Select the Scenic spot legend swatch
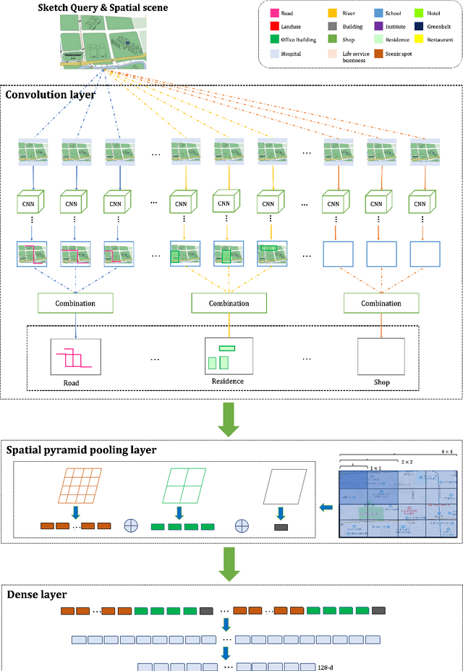click(x=399, y=53)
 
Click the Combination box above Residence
click(x=229, y=303)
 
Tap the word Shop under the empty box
click(x=381, y=381)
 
